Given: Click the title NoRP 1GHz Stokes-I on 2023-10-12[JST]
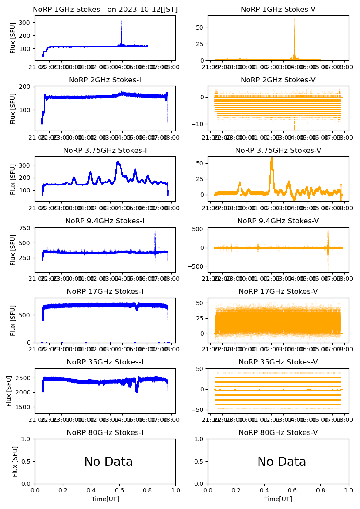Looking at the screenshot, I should (x=105, y=9).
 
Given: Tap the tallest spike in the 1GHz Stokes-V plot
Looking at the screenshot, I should (x=294, y=20).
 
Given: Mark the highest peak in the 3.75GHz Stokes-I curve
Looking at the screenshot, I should (x=118, y=162).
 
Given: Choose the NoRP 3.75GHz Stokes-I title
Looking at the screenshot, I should (x=105, y=150).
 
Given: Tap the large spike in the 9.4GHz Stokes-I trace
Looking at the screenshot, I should (x=155, y=233).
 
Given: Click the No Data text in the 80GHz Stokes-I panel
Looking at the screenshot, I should (x=108, y=462).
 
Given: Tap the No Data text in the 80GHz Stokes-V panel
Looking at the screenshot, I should (x=282, y=462).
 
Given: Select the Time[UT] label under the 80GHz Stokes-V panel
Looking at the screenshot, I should (x=278, y=499).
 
